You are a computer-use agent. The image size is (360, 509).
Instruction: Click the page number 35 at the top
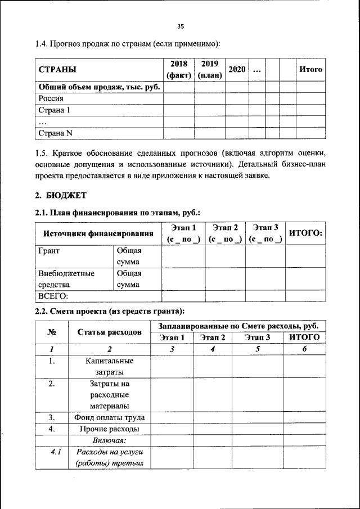pos(181,26)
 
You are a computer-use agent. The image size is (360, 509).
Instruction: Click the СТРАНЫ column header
pos(57,70)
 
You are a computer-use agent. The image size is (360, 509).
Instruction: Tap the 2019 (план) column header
pos(210,69)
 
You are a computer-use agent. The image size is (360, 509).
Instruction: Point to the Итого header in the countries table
pos(310,69)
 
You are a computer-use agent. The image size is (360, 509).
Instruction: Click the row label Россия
pos(51,98)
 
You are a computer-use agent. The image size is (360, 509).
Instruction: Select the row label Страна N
pos(56,133)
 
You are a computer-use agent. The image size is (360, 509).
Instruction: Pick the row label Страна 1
pos(54,110)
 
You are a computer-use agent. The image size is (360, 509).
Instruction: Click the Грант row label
pos(49,251)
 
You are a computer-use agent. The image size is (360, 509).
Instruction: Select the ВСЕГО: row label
pos(53,296)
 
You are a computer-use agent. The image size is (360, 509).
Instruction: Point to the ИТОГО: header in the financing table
pos(305,233)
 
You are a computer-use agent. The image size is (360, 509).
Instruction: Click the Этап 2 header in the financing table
pos(225,233)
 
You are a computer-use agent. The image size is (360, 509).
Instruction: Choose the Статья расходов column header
pos(109,332)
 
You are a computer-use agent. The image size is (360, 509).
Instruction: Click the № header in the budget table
pos(51,332)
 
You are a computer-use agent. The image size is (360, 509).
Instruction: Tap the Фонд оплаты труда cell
pos(109,417)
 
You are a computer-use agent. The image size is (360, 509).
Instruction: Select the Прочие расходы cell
pos(109,429)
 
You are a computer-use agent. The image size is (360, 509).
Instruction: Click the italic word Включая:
pos(109,440)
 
